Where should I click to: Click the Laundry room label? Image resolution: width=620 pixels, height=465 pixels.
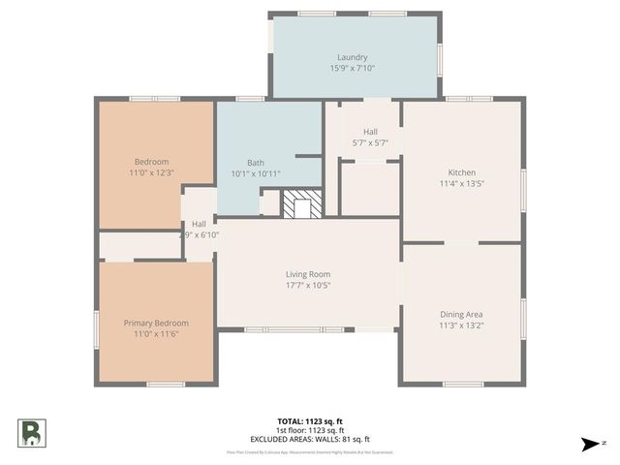click(352, 57)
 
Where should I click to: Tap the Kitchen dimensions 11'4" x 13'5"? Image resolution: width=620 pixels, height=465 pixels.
click(461, 183)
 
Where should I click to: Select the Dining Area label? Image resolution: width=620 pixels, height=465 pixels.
click(461, 314)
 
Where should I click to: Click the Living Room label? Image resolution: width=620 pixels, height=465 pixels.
click(307, 274)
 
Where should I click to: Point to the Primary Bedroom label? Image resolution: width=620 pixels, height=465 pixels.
click(155, 323)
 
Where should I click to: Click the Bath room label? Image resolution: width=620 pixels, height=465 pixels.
click(256, 163)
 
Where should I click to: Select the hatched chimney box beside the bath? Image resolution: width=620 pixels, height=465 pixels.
click(299, 204)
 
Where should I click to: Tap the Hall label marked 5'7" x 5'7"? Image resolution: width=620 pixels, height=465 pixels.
click(370, 132)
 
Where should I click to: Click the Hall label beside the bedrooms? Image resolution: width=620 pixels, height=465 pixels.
click(199, 224)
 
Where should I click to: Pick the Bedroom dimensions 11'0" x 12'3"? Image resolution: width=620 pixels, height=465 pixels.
click(151, 172)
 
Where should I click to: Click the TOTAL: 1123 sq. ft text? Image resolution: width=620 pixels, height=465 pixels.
click(310, 421)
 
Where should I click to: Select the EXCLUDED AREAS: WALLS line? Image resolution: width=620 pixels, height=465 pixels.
click(310, 439)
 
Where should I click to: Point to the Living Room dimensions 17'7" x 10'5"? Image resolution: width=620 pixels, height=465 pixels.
click(307, 286)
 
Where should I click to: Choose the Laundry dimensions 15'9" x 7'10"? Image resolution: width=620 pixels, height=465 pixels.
click(352, 68)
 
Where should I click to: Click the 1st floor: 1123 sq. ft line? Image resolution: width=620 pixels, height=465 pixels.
click(310, 430)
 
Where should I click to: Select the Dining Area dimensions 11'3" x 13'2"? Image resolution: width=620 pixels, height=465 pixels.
click(461, 325)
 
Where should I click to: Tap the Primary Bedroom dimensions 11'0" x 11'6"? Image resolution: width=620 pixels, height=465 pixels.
click(155, 334)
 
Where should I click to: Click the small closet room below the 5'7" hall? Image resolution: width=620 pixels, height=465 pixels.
click(369, 190)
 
